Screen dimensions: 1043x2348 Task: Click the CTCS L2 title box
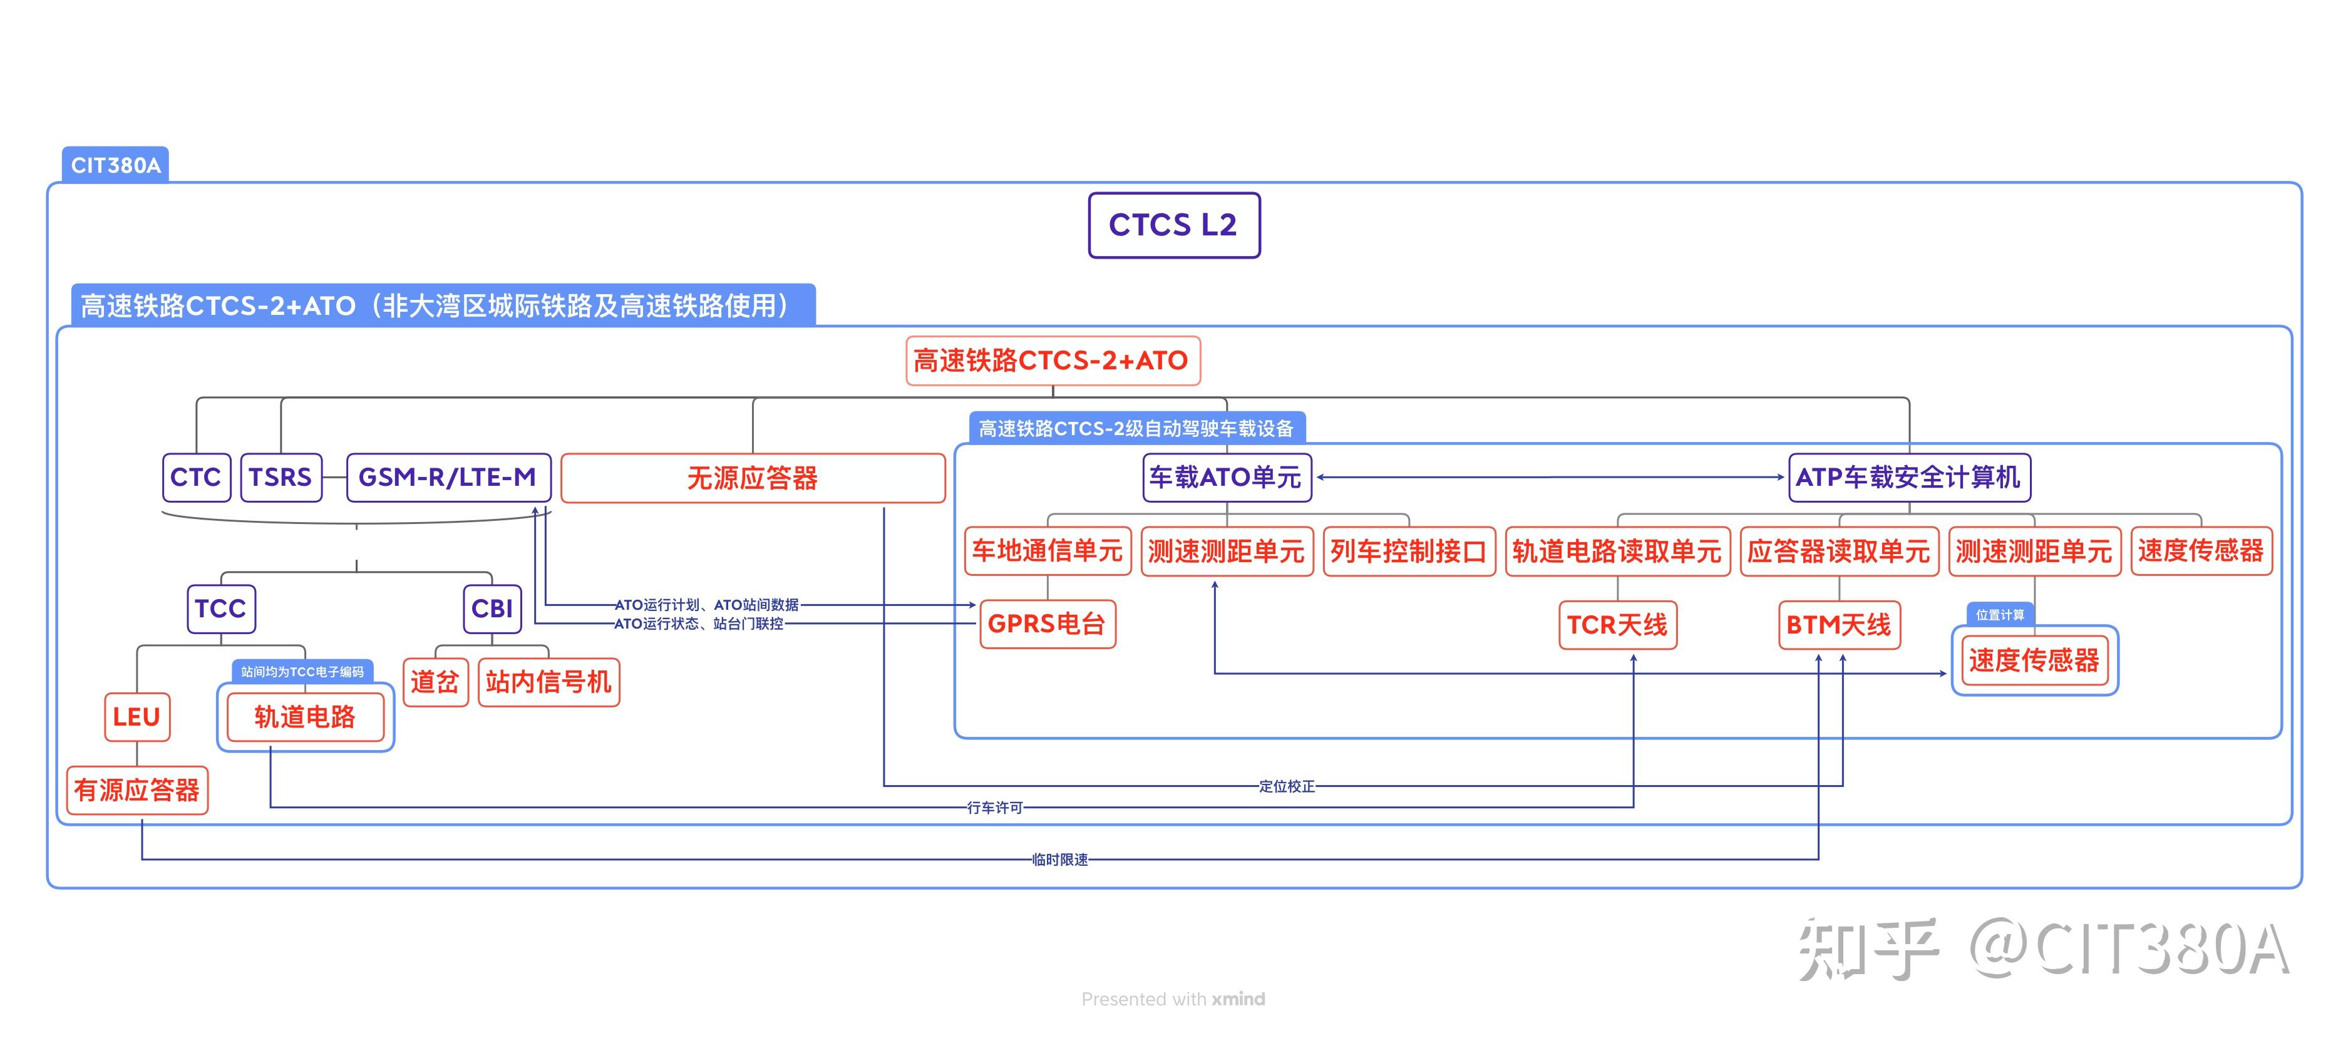[1173, 225]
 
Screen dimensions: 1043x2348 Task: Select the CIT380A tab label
[116, 165]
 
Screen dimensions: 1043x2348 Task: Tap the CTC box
[196, 477]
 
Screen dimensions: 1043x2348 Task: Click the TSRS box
[281, 477]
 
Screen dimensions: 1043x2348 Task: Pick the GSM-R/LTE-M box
[448, 477]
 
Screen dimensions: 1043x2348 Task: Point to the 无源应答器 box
[752, 478]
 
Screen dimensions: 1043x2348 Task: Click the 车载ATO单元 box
[1226, 477]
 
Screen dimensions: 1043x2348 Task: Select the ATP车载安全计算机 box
[1908, 477]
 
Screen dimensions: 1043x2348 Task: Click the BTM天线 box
[1838, 625]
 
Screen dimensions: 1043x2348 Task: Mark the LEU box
[136, 717]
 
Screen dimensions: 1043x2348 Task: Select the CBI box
[492, 608]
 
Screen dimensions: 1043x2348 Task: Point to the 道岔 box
[435, 682]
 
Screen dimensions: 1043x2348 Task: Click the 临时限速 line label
[1059, 860]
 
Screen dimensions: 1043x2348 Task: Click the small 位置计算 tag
[2000, 615]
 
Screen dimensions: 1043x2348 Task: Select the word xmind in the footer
[1238, 999]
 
